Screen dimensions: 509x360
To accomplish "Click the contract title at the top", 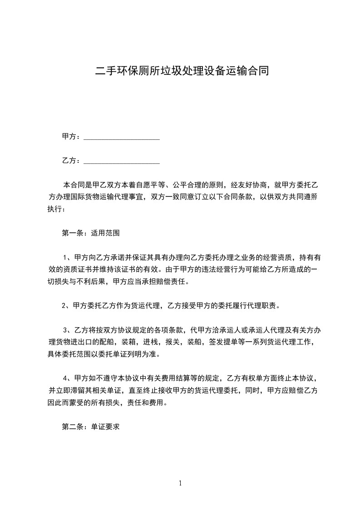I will click(180, 71).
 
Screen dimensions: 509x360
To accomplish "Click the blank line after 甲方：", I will click(122, 137).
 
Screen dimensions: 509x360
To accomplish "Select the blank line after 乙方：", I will click(122, 161).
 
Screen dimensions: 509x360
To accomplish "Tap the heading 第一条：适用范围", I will click(90, 233).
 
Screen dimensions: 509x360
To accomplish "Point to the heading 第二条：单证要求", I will click(90, 427).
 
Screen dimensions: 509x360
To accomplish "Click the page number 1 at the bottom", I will click(180, 483).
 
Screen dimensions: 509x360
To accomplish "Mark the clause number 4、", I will click(68, 378).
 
